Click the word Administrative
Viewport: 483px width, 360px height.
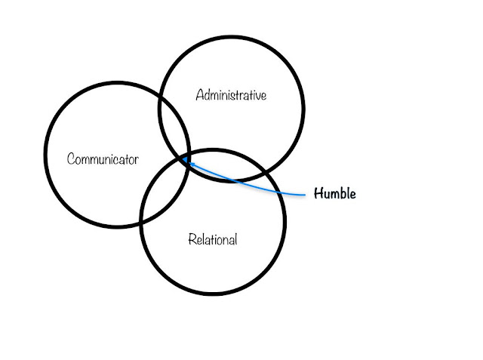pos(231,96)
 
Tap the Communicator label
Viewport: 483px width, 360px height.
pos(103,159)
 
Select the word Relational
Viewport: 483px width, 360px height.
pos(212,240)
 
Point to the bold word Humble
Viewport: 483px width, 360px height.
pos(334,194)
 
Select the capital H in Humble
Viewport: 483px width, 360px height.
pos(318,194)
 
